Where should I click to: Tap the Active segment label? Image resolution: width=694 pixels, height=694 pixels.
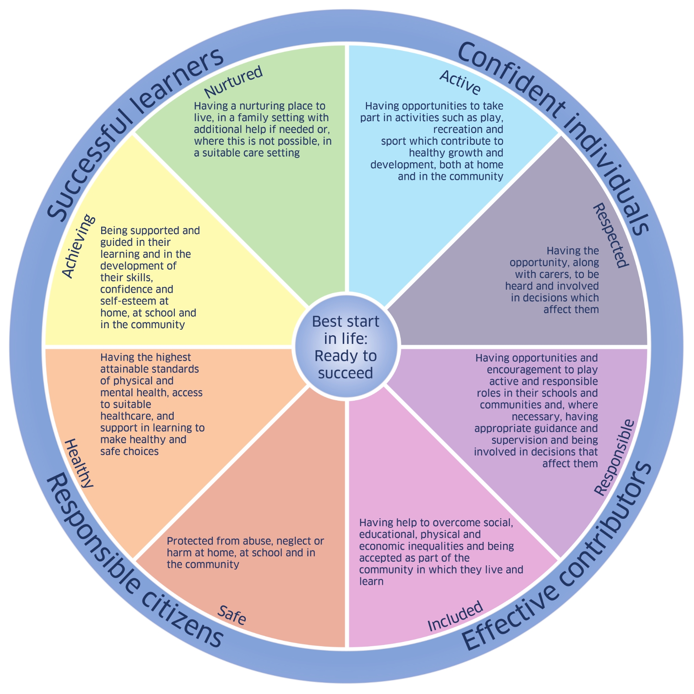(x=460, y=82)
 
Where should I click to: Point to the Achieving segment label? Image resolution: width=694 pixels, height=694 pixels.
(x=78, y=246)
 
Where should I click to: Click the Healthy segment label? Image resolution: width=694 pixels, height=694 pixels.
(x=79, y=463)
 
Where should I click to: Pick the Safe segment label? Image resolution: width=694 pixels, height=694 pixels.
(x=232, y=615)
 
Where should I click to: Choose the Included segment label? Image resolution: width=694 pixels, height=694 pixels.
(x=455, y=616)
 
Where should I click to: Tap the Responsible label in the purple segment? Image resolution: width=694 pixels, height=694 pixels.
(x=614, y=457)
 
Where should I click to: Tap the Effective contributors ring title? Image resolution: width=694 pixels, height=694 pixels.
(x=557, y=557)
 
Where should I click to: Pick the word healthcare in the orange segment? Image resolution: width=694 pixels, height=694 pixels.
(x=126, y=416)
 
